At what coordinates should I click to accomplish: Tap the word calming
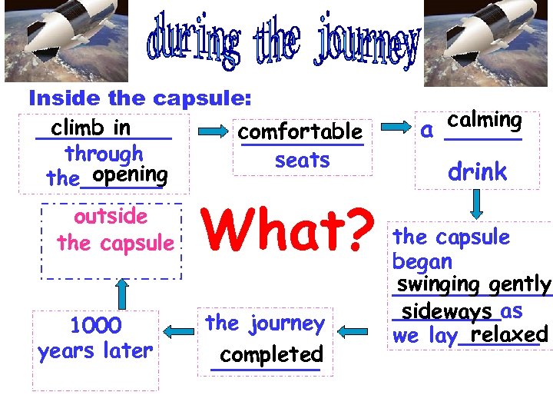pyautogui.click(x=485, y=121)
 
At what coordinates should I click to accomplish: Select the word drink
pyautogui.click(x=478, y=171)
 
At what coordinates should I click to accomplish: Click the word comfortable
pyautogui.click(x=300, y=131)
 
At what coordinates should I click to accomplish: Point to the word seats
pyautogui.click(x=302, y=160)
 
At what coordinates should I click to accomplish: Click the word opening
pyautogui.click(x=130, y=175)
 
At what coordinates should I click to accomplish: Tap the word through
pyautogui.click(x=104, y=153)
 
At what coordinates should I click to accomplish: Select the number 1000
pyautogui.click(x=95, y=326)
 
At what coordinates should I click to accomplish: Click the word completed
pyautogui.click(x=271, y=355)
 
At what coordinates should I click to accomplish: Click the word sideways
pyautogui.click(x=447, y=311)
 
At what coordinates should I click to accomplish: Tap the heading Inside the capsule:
pyautogui.click(x=141, y=98)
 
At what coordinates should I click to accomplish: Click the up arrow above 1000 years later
pyautogui.click(x=120, y=291)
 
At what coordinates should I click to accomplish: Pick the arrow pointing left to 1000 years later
pyautogui.click(x=180, y=331)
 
